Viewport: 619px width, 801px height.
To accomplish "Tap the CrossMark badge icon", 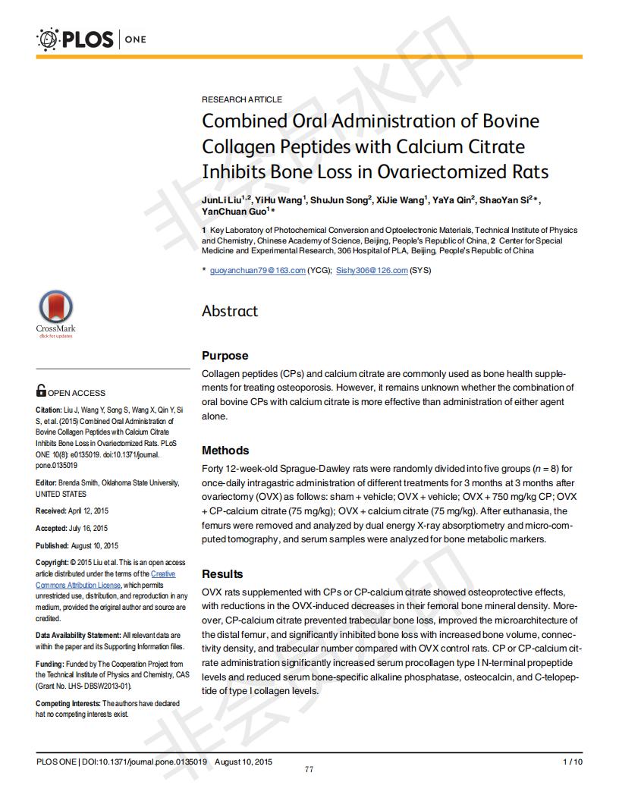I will [55, 309].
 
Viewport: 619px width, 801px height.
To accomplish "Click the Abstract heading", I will [230, 311].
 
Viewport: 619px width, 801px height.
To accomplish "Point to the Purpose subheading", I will [225, 356].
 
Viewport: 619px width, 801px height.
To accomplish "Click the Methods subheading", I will [225, 451].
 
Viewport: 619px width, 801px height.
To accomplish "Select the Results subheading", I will [222, 574].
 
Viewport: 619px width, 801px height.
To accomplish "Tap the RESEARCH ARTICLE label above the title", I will [241, 99].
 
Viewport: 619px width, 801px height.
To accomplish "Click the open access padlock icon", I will [41, 391].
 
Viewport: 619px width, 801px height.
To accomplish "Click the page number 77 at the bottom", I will [309, 770].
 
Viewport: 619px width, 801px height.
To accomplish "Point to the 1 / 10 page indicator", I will [572, 761].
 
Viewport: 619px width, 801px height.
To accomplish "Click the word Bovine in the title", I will [505, 121].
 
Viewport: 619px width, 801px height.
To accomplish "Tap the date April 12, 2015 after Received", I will [89, 510].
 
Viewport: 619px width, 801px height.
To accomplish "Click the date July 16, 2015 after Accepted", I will [89, 528].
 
